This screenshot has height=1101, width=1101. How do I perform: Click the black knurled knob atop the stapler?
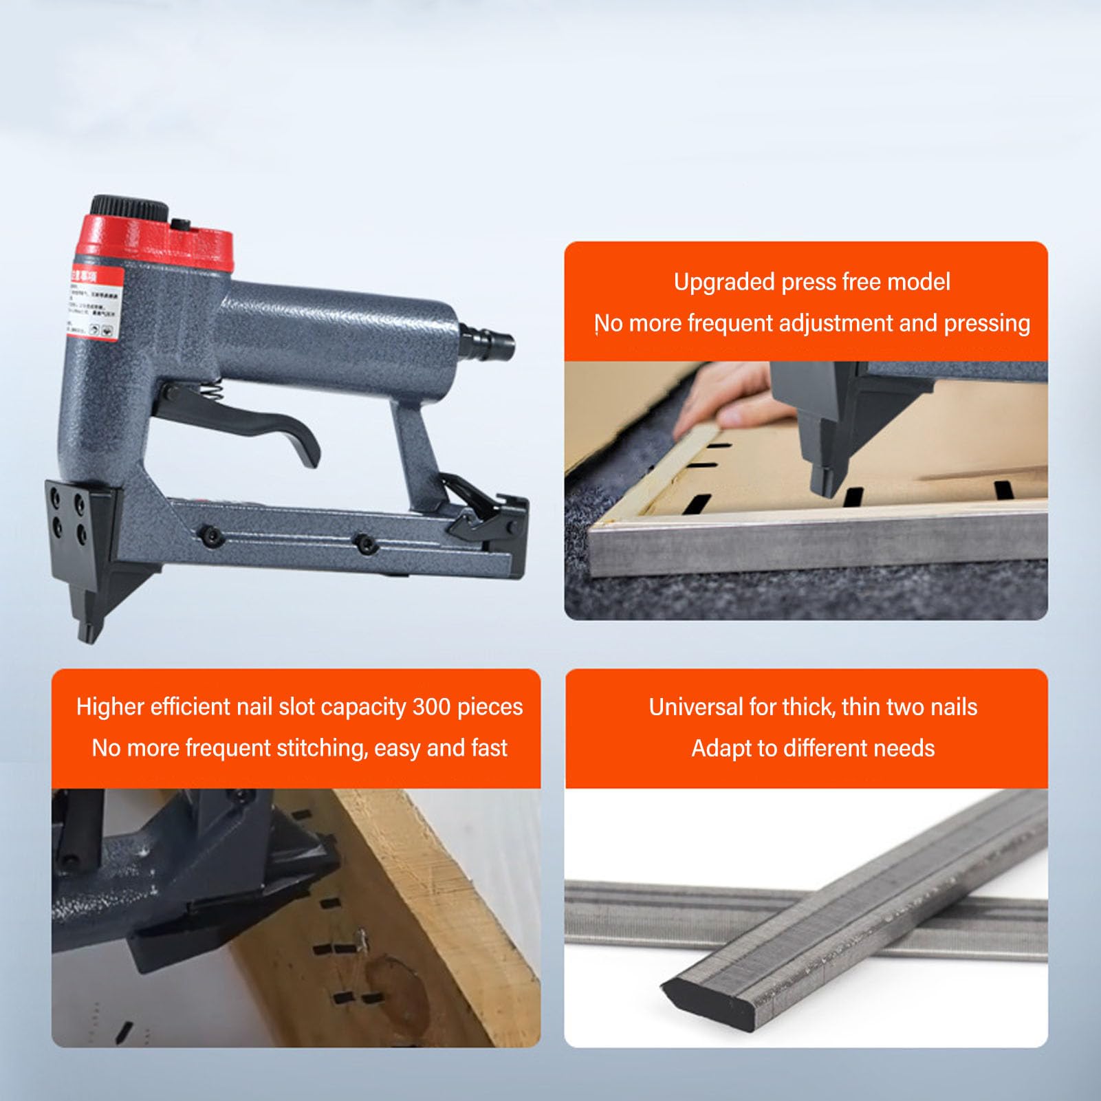[129, 206]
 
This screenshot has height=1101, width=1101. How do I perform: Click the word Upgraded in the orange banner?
[724, 282]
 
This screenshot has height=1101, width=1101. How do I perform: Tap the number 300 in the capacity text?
[431, 707]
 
